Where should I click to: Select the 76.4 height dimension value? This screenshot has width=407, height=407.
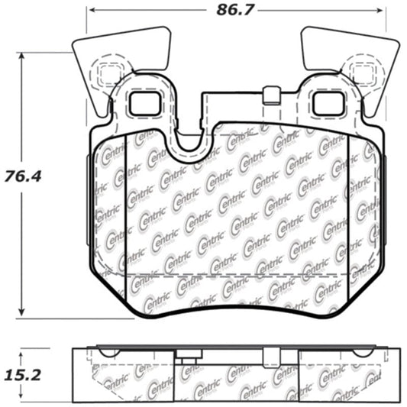[23, 176]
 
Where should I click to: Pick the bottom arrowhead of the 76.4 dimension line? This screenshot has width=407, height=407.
[23, 312]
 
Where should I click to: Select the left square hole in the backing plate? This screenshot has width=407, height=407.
[143, 103]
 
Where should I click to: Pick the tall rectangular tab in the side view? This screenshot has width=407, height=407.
[271, 357]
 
